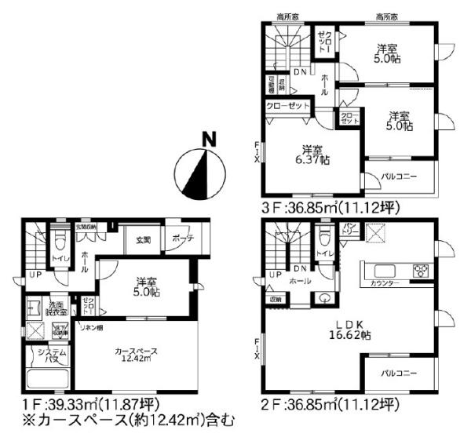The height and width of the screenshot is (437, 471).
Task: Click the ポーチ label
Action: coord(180,239)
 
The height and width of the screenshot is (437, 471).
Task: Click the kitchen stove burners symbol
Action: coord(421,272)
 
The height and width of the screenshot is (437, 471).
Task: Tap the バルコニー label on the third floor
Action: coord(400,176)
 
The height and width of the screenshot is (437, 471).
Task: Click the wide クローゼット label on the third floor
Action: coord(287,106)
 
